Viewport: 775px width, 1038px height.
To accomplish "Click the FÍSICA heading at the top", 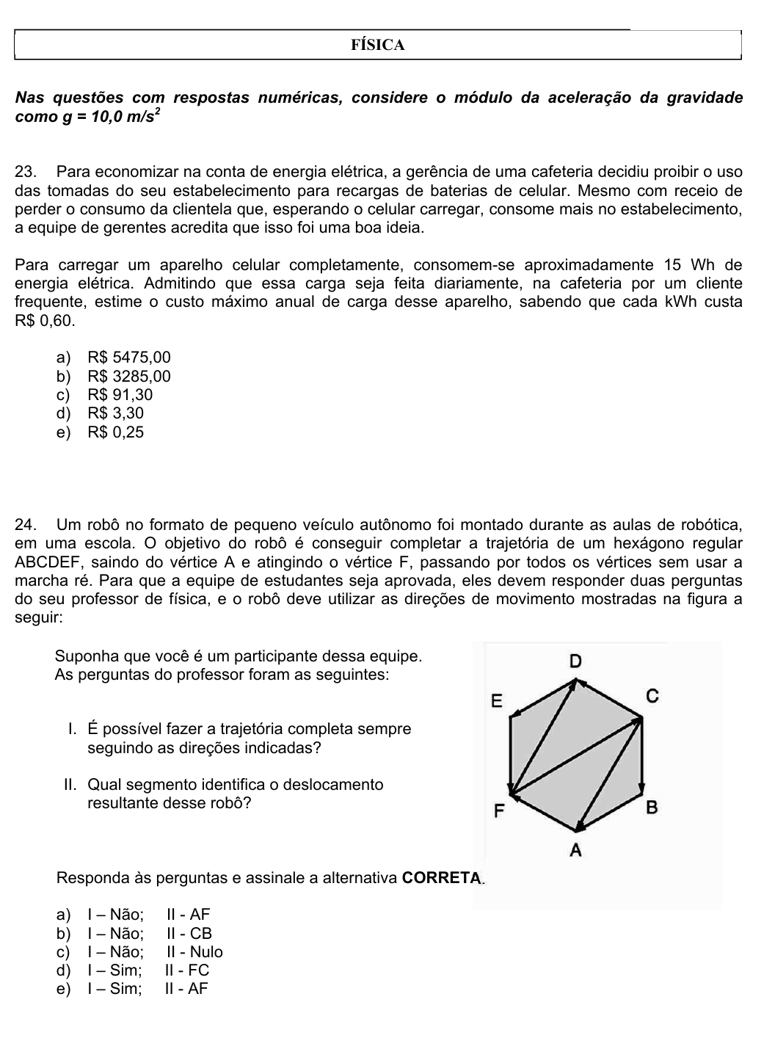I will (378, 46).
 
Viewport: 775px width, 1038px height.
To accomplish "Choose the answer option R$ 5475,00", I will (128, 358).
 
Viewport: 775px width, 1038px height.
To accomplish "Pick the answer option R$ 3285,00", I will (128, 377).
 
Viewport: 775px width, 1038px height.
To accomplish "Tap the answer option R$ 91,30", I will (120, 395).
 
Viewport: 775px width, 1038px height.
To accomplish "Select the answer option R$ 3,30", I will (115, 413).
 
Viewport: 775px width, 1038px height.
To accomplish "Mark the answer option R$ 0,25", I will (115, 432).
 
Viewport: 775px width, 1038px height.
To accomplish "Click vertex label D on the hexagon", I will (575, 661).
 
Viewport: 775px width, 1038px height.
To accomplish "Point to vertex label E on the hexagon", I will (497, 701).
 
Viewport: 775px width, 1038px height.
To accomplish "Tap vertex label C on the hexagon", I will (652, 696).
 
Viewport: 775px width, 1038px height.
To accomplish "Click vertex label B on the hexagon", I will (652, 808).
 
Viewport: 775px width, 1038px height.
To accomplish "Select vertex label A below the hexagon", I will (575, 851).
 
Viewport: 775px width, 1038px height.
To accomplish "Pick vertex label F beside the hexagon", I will (498, 811).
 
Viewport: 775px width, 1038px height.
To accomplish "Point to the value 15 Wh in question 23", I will (683, 265).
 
